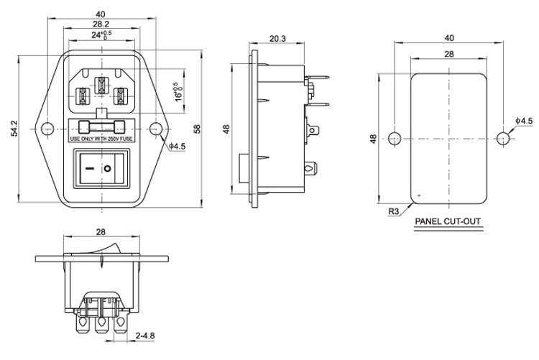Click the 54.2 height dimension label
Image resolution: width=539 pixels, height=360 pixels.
coord(14,128)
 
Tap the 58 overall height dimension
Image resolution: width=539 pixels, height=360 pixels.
coord(197,129)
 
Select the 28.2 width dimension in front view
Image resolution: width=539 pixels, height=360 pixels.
coord(101,24)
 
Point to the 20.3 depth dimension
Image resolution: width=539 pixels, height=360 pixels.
coord(277,39)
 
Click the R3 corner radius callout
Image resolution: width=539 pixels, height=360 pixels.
coord(394,211)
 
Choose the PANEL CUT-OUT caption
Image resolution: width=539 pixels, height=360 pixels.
coord(448,221)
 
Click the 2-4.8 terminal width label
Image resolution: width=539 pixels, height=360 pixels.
coord(145,336)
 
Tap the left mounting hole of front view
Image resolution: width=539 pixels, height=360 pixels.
coord(47,129)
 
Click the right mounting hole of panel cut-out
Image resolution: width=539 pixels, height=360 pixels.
coord(503,138)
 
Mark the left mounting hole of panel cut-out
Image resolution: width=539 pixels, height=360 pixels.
coord(395,138)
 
